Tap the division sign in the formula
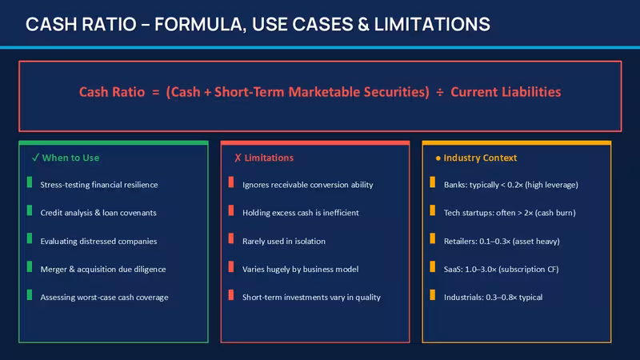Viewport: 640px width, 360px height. (x=439, y=92)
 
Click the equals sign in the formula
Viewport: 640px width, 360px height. (x=155, y=92)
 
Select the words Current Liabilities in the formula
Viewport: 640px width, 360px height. (x=506, y=92)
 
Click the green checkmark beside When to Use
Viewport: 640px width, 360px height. (x=35, y=157)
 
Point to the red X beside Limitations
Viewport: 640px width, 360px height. (x=238, y=158)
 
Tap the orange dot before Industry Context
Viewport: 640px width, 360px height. (x=438, y=158)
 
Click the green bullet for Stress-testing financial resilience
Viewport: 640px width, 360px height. (x=30, y=182)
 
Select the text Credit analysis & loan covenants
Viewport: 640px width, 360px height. (x=98, y=213)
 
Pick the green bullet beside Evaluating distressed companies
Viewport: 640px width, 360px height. (x=30, y=238)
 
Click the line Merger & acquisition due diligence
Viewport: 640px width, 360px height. (x=103, y=269)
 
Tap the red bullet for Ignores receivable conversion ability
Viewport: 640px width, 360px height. (x=231, y=182)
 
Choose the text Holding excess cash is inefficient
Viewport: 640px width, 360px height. (x=301, y=213)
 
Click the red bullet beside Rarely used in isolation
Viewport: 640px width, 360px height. (x=231, y=238)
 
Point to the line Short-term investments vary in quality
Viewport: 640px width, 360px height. (x=311, y=297)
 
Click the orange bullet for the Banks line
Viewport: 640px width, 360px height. (x=433, y=182)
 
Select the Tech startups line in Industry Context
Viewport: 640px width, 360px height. (x=510, y=213)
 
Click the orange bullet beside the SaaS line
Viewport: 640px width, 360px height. (x=433, y=266)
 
